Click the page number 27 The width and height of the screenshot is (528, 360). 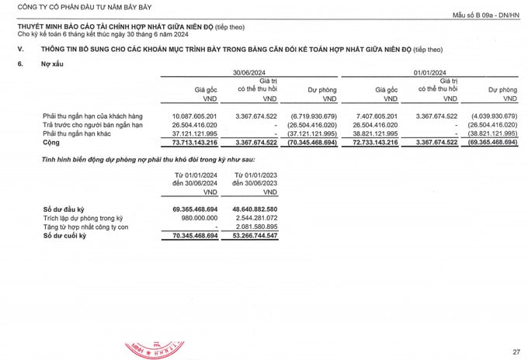click(516, 351)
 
